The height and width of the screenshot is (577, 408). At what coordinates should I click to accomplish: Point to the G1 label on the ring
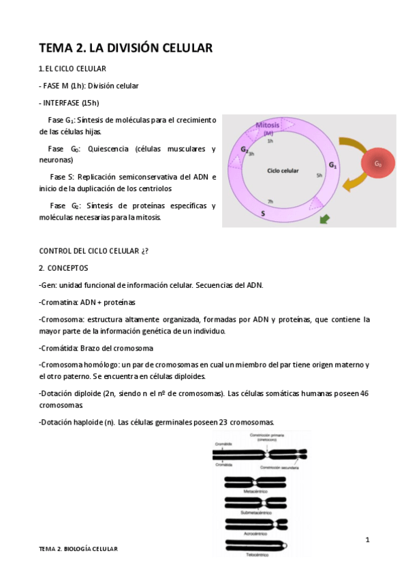[x=332, y=165]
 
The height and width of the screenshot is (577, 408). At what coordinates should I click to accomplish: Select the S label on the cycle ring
[x=262, y=213]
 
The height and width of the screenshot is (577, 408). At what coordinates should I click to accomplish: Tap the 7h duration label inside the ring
[x=270, y=201]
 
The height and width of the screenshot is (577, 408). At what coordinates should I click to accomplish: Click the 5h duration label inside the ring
[x=319, y=176]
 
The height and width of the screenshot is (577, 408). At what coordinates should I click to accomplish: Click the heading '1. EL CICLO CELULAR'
[x=72, y=69]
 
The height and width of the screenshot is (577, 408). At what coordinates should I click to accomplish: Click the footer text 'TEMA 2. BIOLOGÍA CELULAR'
[x=78, y=548]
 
